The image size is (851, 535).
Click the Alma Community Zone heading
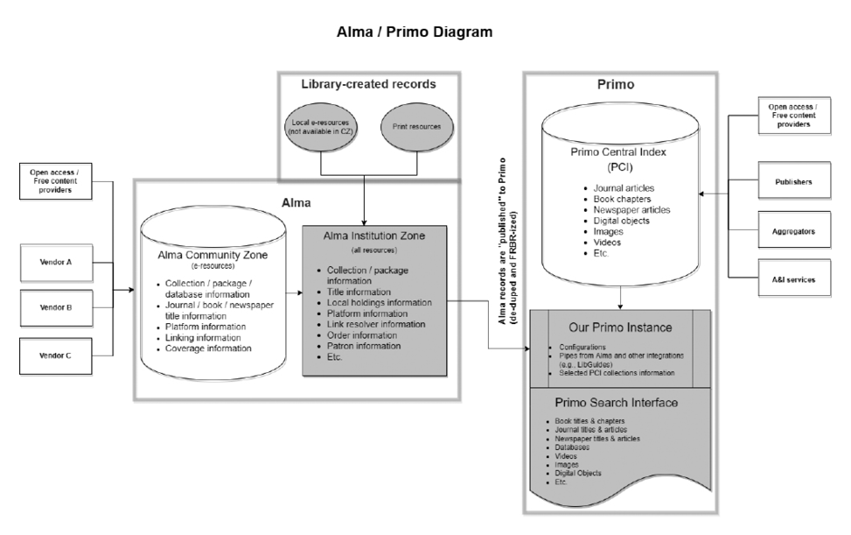[213, 256]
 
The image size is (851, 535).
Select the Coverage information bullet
[209, 348]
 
